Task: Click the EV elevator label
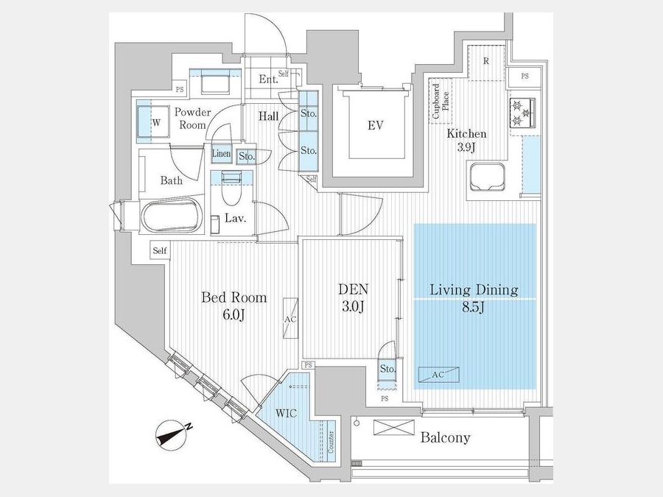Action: (x=375, y=126)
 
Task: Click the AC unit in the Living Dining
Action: (x=438, y=374)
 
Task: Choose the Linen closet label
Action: (x=221, y=155)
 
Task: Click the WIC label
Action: (x=287, y=413)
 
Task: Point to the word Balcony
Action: (x=444, y=438)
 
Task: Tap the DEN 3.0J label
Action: (x=353, y=298)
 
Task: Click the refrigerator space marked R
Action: (x=486, y=61)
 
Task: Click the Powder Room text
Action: (x=192, y=119)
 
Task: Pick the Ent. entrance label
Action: (x=268, y=79)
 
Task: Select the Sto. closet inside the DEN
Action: (x=387, y=369)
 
